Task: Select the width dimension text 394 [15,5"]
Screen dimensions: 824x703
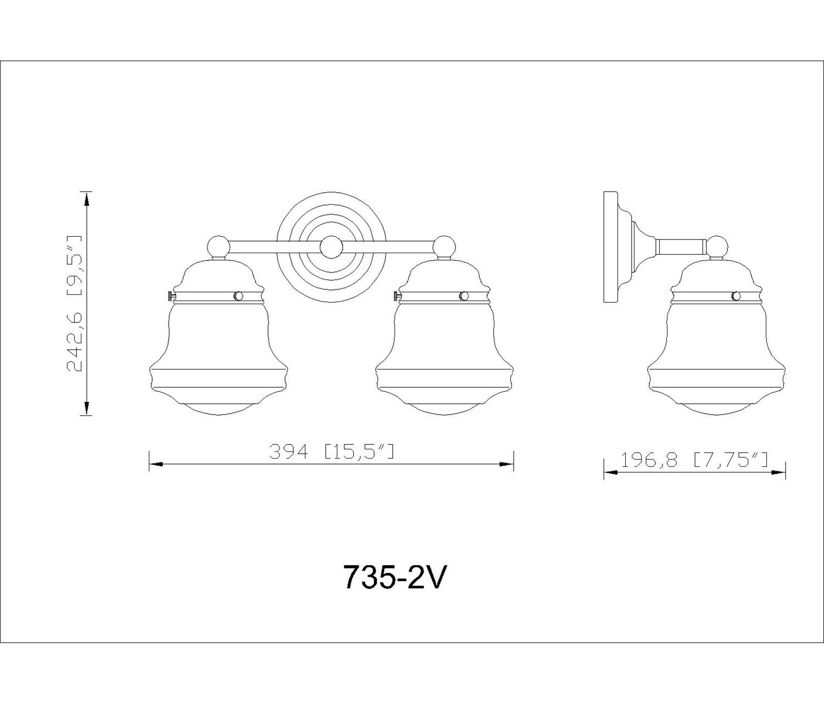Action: (332, 451)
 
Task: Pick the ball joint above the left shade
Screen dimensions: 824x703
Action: (219, 247)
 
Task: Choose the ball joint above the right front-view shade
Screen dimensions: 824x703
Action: (444, 247)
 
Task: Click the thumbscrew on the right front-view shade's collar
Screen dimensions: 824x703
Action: (397, 296)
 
